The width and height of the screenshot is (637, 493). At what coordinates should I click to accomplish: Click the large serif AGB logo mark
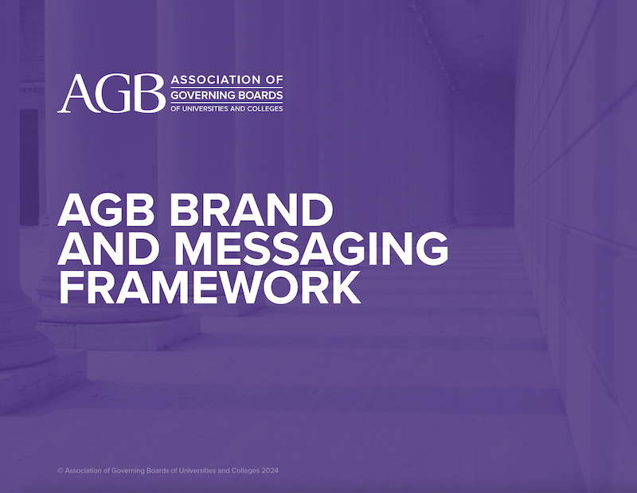coord(111,93)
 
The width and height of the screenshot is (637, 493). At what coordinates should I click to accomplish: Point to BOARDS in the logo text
coord(261,95)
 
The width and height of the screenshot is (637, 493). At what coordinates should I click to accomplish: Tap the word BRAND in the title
coord(252,210)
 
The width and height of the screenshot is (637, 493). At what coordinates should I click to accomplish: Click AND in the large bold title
coord(109,248)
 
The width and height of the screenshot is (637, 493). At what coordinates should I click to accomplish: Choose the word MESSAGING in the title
coord(311,248)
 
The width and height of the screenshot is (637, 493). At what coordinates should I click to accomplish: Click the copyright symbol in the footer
coord(61,471)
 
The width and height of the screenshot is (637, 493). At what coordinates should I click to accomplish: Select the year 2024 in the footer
coord(270,471)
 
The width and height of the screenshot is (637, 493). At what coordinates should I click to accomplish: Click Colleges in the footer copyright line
coord(245,471)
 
